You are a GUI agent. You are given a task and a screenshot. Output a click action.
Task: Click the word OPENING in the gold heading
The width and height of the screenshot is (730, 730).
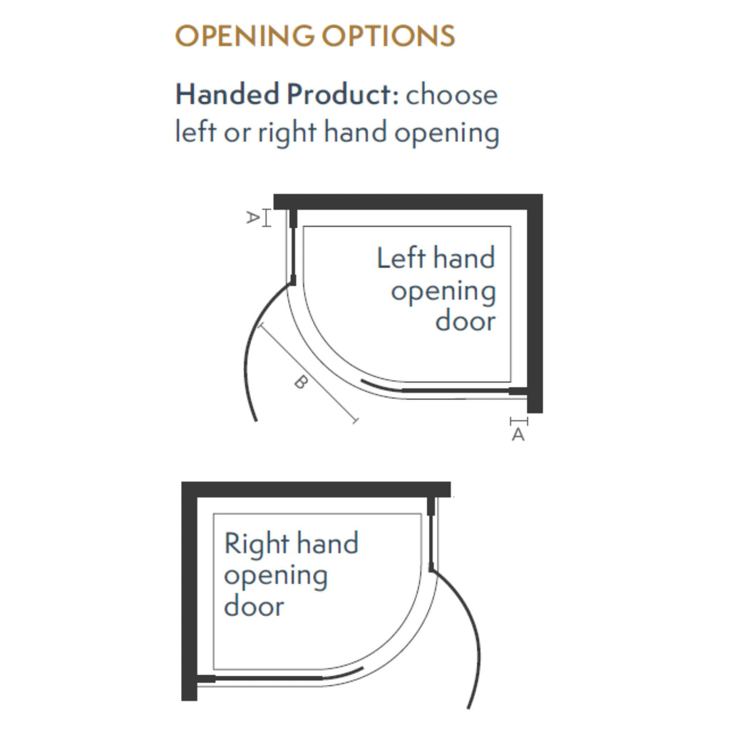245,36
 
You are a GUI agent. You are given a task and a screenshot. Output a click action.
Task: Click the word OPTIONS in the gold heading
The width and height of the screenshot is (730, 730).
389,36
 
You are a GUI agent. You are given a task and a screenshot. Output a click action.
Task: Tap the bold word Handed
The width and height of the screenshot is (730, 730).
227,94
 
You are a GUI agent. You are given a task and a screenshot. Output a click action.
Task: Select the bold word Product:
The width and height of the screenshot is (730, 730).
343,94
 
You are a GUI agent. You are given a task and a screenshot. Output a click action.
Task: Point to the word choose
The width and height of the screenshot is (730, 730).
451,95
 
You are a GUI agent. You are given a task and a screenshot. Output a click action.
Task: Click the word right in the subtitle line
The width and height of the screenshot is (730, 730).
287,132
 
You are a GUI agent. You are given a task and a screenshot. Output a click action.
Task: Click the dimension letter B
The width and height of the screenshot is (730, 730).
302,382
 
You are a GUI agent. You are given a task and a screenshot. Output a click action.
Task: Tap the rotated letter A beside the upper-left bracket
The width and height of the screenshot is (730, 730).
252,217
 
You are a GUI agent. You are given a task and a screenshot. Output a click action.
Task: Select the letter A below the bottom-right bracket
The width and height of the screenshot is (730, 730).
518,435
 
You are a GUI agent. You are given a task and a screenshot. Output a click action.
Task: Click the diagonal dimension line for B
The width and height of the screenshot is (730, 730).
307,372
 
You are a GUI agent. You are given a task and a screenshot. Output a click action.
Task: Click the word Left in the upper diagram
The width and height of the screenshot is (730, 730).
401,257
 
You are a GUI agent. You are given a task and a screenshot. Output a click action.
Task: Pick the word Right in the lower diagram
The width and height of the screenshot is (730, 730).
257,543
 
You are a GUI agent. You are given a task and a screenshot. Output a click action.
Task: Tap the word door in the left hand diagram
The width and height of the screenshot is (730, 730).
466,321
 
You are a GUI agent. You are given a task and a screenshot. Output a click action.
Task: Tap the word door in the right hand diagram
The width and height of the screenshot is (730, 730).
254,606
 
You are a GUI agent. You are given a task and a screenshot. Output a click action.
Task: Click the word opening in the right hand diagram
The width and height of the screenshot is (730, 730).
276,576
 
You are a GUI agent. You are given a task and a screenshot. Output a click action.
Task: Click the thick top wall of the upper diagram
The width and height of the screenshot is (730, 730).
408,202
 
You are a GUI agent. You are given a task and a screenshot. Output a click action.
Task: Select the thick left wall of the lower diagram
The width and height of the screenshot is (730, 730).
189,591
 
